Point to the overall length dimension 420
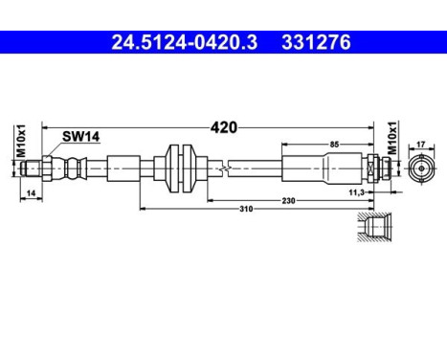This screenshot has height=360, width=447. pyautogui.click(x=223, y=126)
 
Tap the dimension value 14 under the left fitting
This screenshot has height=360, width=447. pyautogui.click(x=32, y=194)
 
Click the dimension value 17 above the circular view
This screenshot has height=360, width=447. pyautogui.click(x=420, y=145)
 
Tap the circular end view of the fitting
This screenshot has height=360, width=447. pyautogui.click(x=420, y=169)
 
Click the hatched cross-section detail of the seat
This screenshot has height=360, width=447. pyautogui.click(x=374, y=231)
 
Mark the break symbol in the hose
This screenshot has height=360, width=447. pyautogui.click(x=223, y=169)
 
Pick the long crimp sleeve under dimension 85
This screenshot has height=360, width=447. pyautogui.click(x=322, y=169)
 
